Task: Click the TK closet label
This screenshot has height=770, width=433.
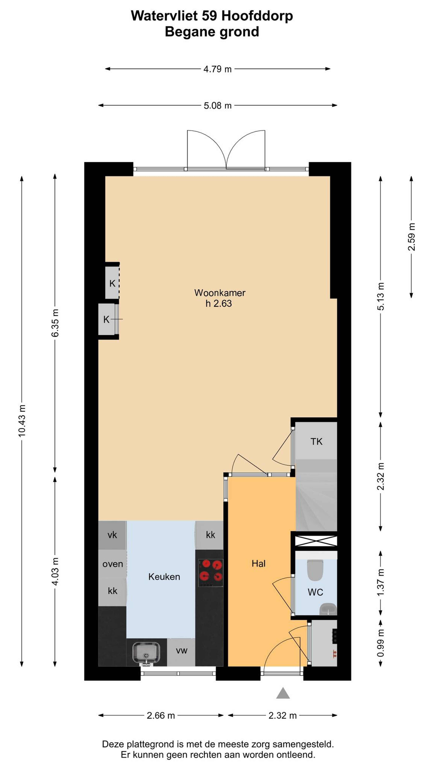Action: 316,442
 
